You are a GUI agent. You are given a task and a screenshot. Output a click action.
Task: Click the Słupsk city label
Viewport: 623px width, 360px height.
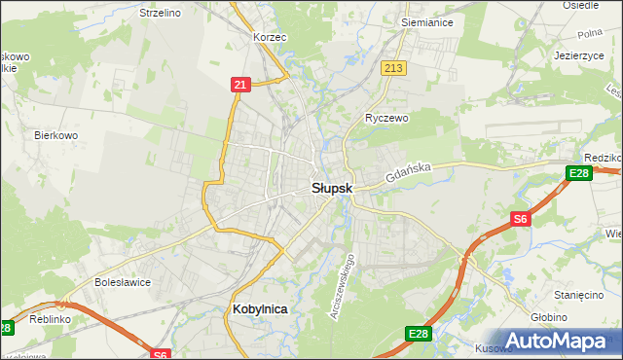point(332,188)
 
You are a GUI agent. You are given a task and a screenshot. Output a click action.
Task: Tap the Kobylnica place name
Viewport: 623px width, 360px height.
point(261,308)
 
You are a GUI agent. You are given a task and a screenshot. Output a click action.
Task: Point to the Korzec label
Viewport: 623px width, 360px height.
point(269,36)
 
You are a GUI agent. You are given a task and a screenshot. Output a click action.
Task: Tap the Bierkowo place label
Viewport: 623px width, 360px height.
point(55,135)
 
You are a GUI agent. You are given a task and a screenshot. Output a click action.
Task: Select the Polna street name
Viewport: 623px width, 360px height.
point(589,34)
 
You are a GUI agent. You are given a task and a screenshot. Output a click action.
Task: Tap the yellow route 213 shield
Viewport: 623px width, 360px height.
point(393,67)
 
